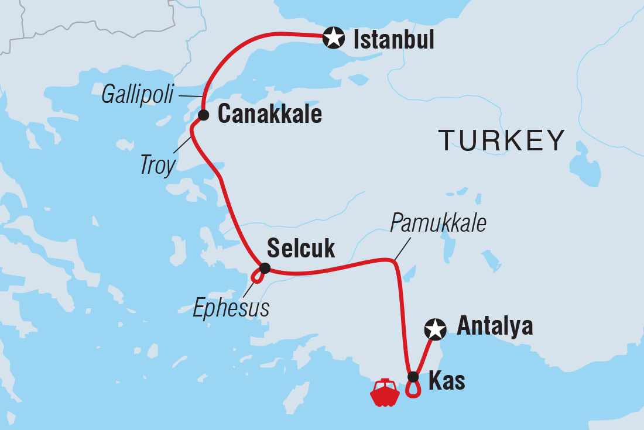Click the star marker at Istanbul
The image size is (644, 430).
point(334,38)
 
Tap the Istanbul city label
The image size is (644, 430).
point(393,40)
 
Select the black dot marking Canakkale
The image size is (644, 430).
point(203,115)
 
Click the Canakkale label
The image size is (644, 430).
point(269,115)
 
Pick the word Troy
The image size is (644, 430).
point(157,166)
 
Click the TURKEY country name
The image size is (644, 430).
point(502,141)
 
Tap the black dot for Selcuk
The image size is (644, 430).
point(265,269)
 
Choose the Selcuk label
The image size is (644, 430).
point(301,249)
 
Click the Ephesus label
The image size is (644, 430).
point(231,308)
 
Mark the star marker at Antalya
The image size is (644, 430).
point(435,329)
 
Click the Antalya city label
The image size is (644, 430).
point(495,326)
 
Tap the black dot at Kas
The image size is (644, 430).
point(413,377)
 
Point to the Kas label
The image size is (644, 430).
point(447,381)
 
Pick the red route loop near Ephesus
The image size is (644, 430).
point(256,276)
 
